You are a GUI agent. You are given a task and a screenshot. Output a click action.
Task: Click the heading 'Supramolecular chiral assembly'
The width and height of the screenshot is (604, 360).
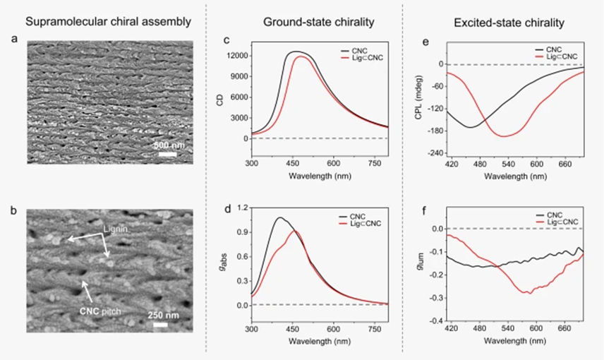pos(109,22)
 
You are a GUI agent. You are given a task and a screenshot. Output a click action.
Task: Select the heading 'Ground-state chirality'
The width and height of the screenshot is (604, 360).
pos(309,22)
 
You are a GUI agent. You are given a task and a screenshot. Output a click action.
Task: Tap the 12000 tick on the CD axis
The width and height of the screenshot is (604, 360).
pos(238,55)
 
